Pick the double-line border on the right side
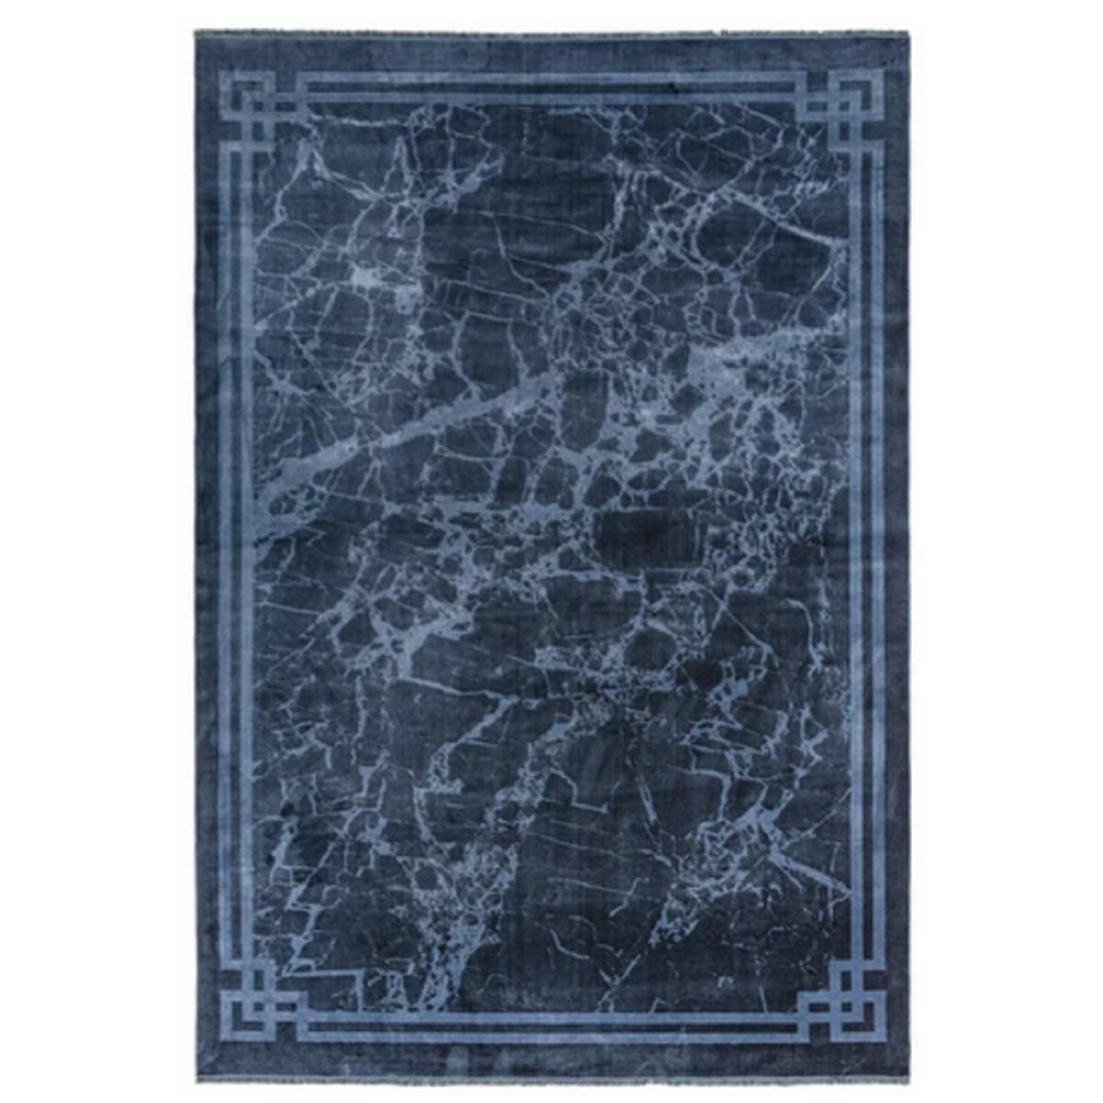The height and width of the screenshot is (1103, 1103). pyautogui.click(x=866, y=552)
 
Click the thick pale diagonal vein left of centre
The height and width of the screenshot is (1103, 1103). pyautogui.click(x=386, y=442)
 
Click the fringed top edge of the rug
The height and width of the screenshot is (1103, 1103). pyautogui.click(x=552, y=33)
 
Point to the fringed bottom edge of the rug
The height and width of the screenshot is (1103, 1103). pyautogui.click(x=552, y=1075)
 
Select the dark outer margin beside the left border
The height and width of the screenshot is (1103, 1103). pyautogui.click(x=208, y=552)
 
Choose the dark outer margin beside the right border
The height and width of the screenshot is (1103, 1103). pyautogui.click(x=896, y=552)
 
